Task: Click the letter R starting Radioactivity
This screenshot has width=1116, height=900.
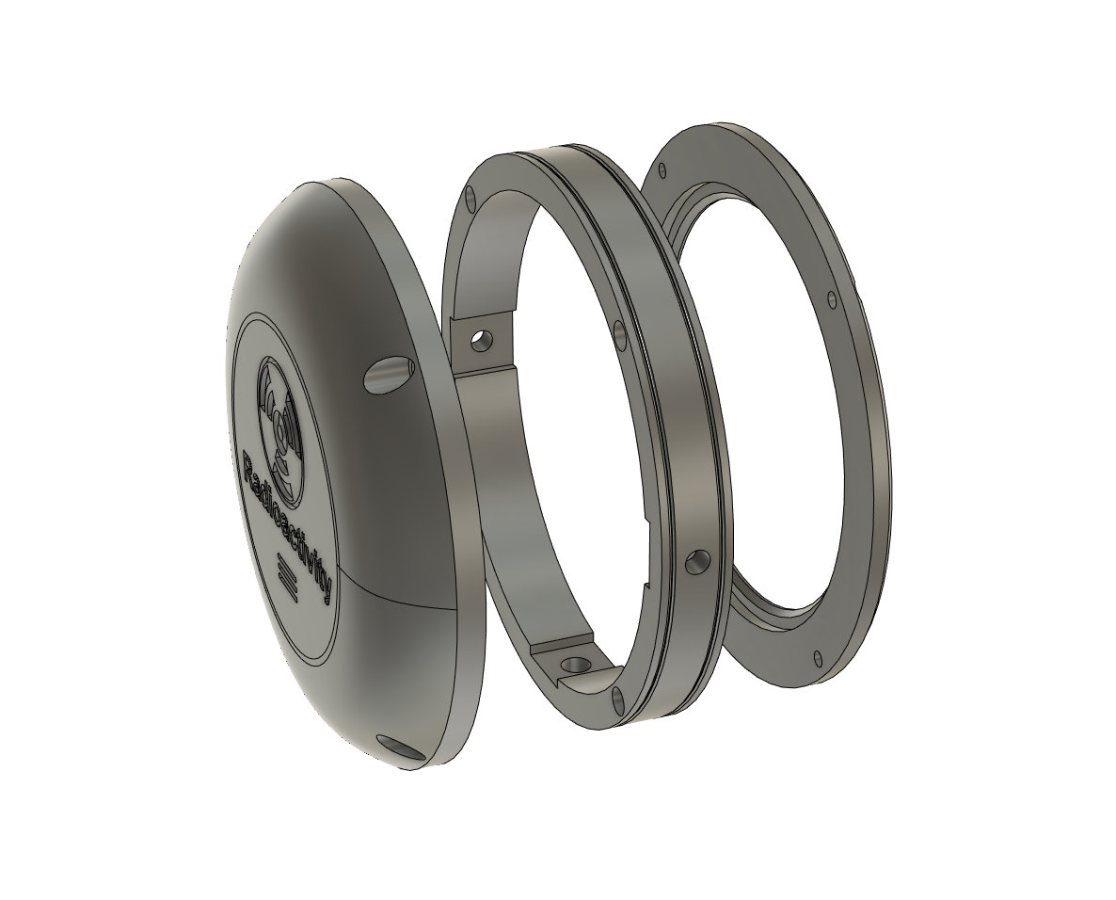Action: coord(252,464)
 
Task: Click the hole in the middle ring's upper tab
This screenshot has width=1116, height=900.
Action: coord(481,339)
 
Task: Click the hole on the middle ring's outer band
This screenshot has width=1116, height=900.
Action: coord(697,562)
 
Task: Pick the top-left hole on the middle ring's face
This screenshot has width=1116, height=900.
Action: coord(470,197)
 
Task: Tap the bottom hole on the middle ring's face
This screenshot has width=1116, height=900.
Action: coord(617,699)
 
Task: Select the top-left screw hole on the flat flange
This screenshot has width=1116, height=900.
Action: coord(662,170)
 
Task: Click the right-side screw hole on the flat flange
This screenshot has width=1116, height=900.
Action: coord(831,300)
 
